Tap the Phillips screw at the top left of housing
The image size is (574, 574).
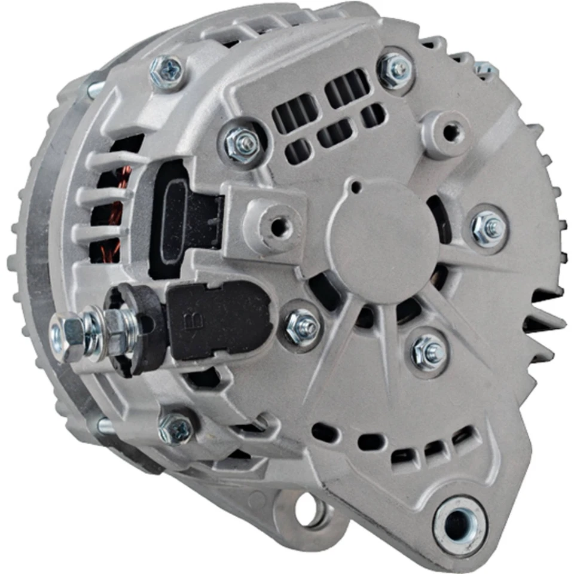point(166,72)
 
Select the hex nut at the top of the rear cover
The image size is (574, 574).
point(395,69)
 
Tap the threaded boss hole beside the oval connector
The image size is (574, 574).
point(277,226)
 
